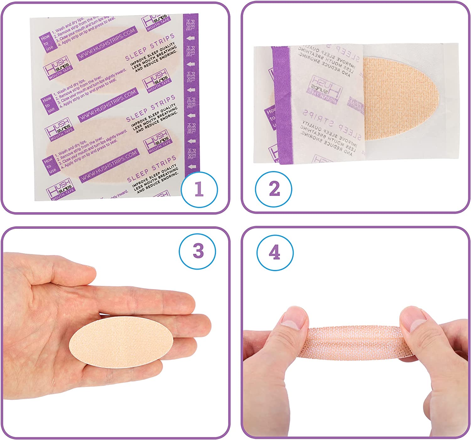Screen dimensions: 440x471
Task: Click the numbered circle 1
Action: pos(199,189)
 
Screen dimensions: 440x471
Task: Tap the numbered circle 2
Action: pos(273,189)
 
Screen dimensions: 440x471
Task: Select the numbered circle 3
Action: pos(198,251)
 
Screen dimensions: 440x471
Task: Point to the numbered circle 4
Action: pos(275,253)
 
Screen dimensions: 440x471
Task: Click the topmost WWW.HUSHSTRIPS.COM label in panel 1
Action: pos(107,44)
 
